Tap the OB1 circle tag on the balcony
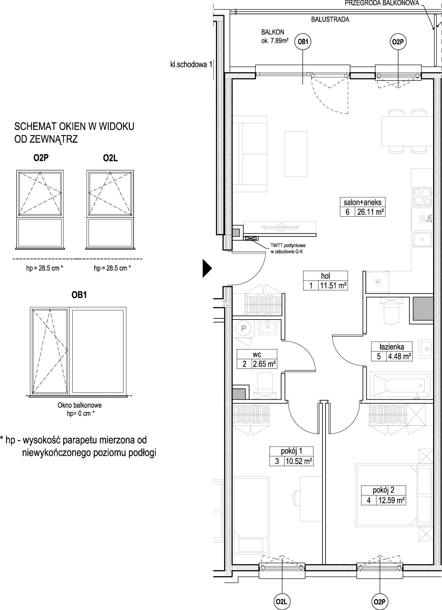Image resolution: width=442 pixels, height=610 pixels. [x=303, y=41]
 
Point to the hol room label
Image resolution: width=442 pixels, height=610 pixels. [x=325, y=276]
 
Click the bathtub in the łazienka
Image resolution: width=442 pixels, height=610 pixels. [x=401, y=385]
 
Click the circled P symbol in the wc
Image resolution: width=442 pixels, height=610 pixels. [x=244, y=328]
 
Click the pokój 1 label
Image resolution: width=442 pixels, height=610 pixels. [x=291, y=451]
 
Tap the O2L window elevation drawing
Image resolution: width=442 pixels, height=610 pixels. [x=110, y=209]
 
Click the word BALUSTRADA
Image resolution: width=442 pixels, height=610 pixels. [x=330, y=19]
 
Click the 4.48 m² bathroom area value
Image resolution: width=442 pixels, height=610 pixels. [x=399, y=356]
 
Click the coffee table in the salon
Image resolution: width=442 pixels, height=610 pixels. [x=296, y=154]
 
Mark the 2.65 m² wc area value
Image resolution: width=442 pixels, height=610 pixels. [x=264, y=364]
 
